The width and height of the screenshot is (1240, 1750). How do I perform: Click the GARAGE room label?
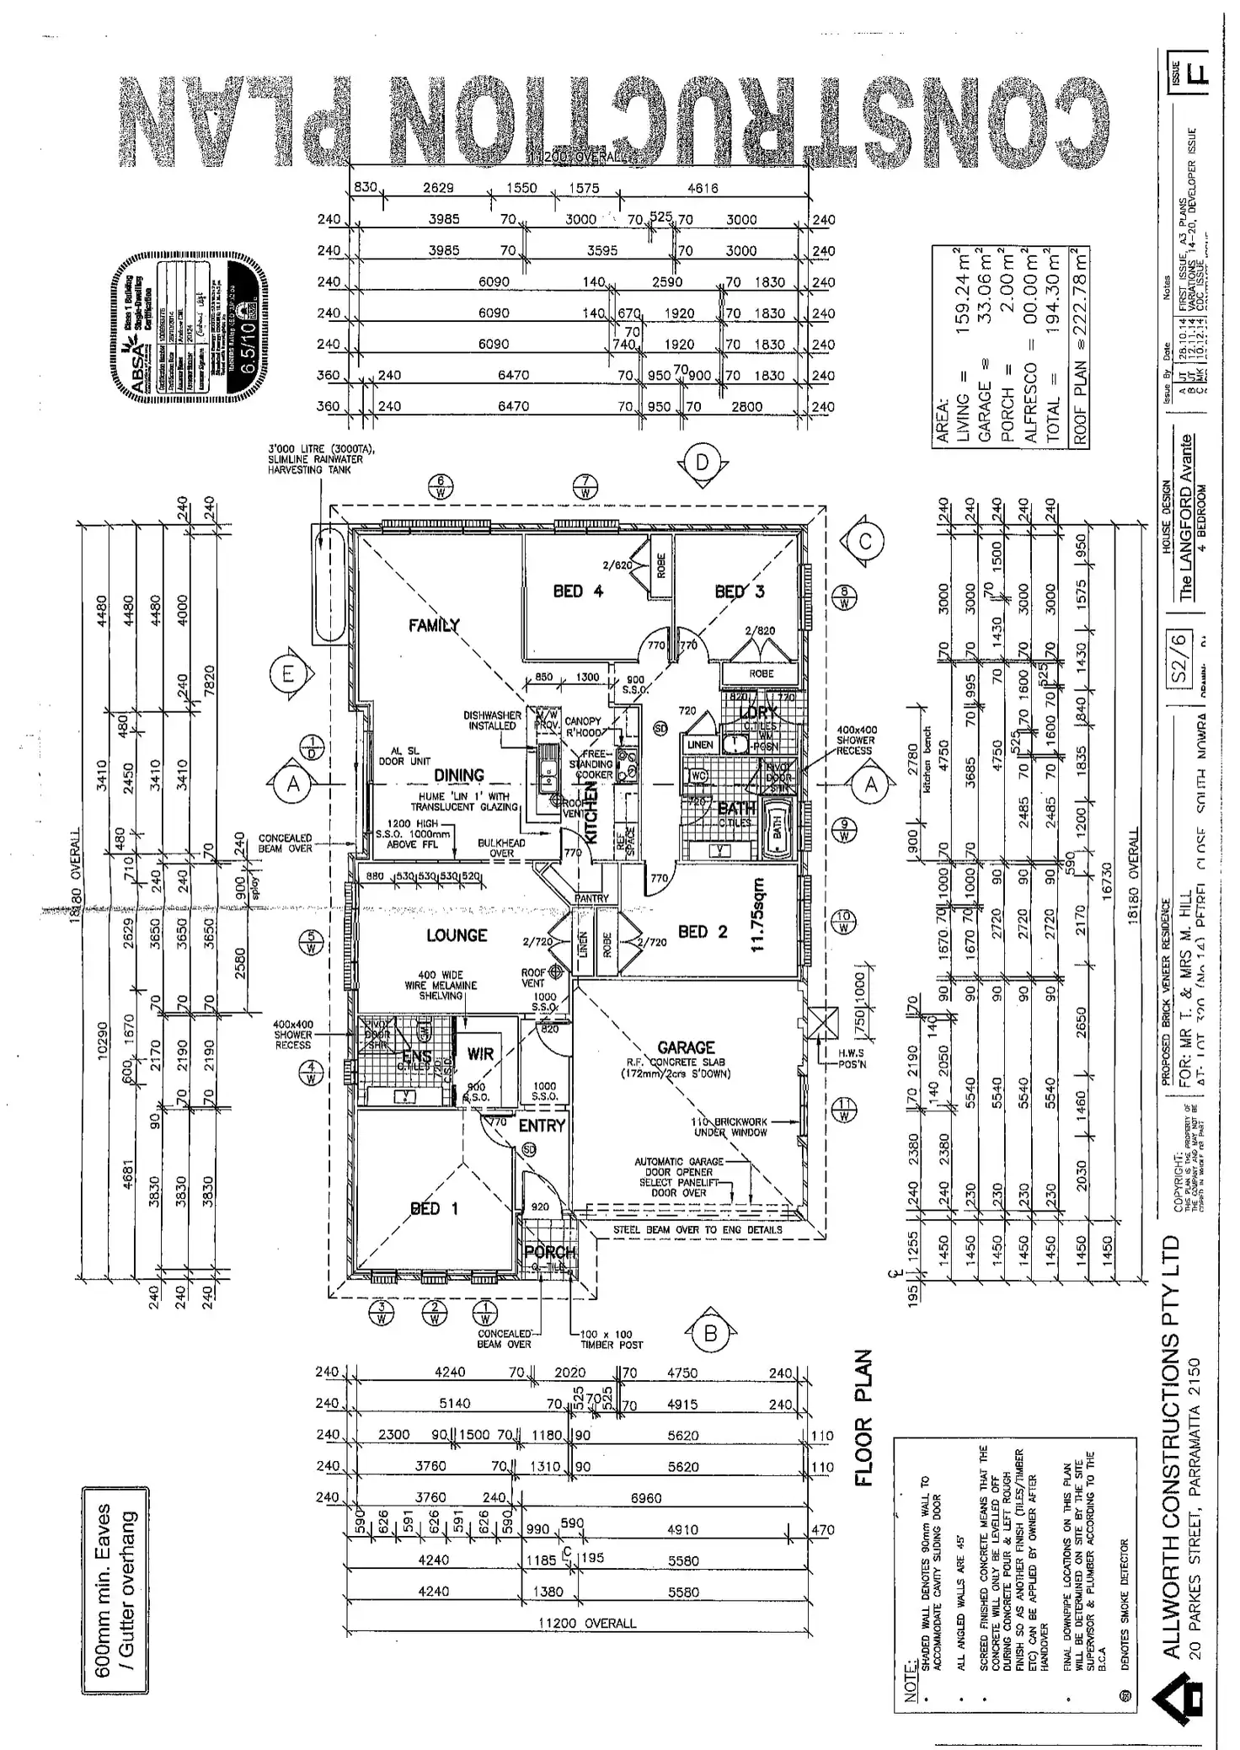pyautogui.click(x=686, y=1048)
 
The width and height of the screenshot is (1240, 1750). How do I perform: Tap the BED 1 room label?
pyautogui.click(x=435, y=1209)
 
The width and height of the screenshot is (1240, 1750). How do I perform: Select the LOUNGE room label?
pyautogui.click(x=457, y=935)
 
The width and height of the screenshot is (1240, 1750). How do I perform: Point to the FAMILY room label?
pyautogui.click(x=435, y=625)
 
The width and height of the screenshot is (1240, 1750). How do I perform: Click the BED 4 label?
pyautogui.click(x=578, y=591)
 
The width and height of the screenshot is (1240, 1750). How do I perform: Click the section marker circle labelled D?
pyautogui.click(x=703, y=463)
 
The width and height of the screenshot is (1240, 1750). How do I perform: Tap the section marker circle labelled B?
pyautogui.click(x=710, y=1334)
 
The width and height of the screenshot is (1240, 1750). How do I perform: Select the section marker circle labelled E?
pyautogui.click(x=288, y=675)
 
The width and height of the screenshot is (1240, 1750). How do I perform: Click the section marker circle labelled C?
pyautogui.click(x=865, y=542)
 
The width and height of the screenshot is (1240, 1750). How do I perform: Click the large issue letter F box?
pyautogui.click(x=1195, y=68)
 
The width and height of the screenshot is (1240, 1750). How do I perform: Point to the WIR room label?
pyautogui.click(x=480, y=1054)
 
